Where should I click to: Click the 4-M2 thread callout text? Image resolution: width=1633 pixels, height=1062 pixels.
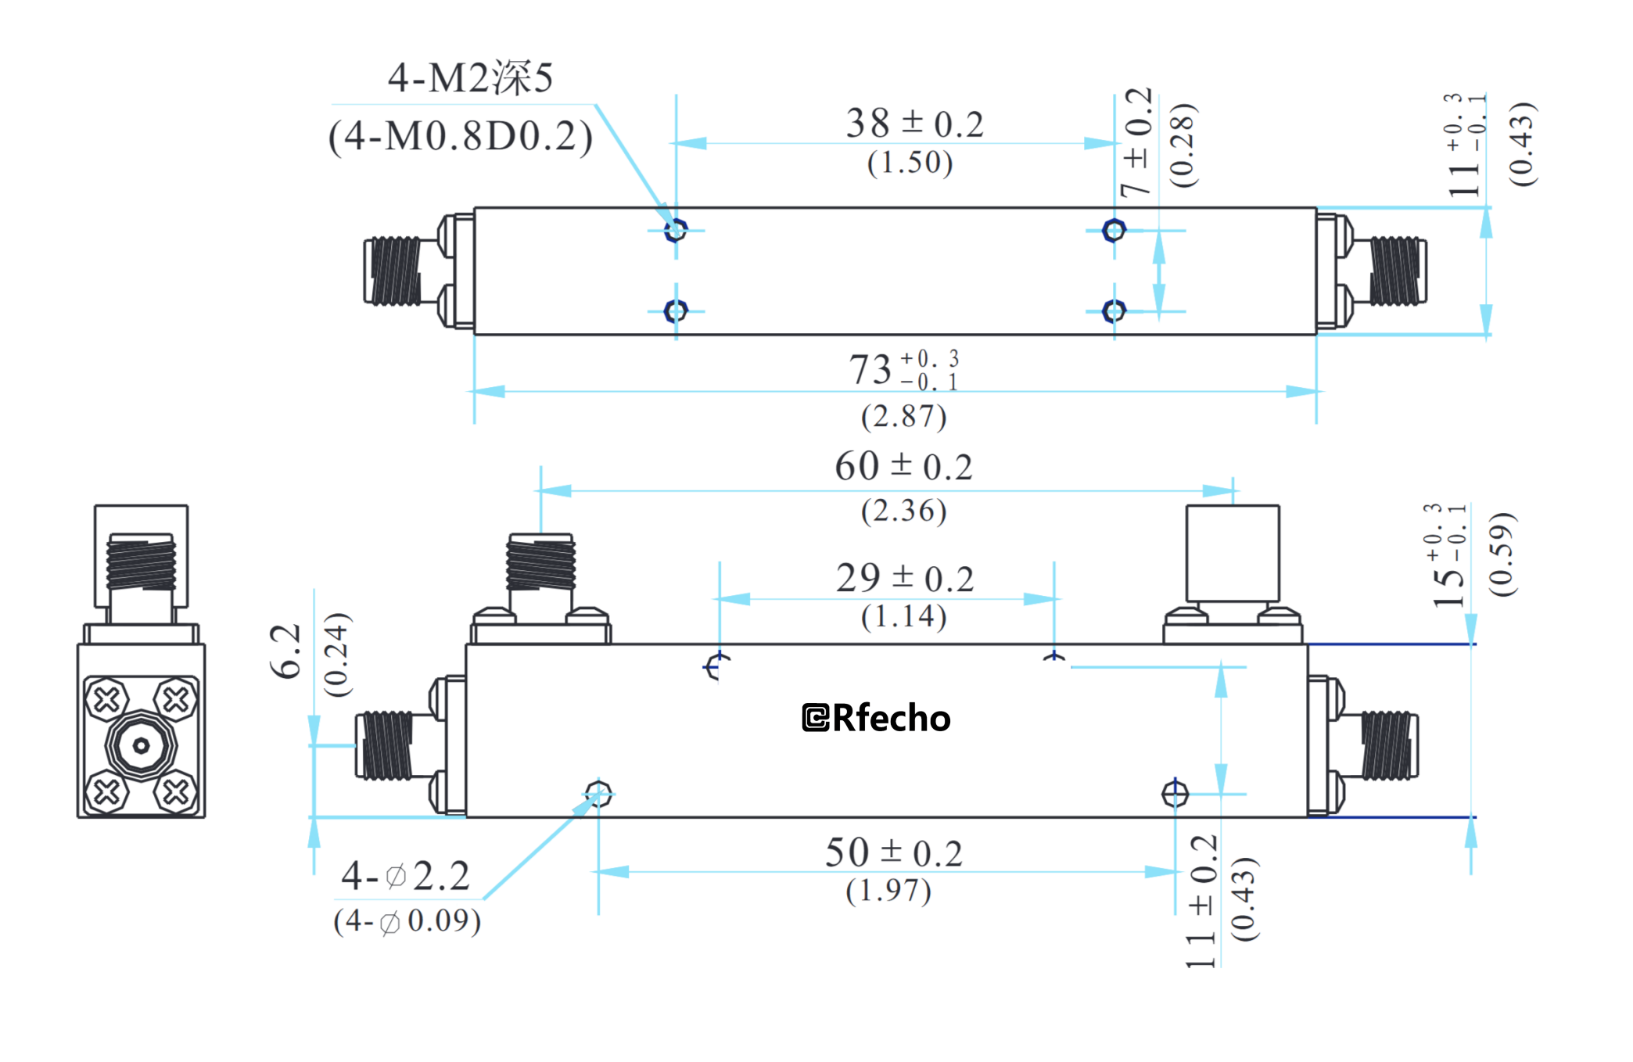pyautogui.click(x=470, y=78)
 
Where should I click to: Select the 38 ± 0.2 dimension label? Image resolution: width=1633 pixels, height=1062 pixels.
pyautogui.click(x=913, y=124)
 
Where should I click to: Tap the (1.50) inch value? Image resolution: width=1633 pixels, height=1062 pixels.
pyautogui.click(x=910, y=163)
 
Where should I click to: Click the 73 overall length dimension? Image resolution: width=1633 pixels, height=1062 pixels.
pyautogui.click(x=903, y=369)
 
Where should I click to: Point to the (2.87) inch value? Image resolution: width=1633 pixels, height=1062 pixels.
pyautogui.click(x=903, y=416)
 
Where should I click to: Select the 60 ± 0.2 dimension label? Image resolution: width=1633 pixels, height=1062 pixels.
pyautogui.click(x=903, y=467)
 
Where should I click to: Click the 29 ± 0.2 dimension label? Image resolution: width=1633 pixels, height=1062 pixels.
pyautogui.click(x=904, y=579)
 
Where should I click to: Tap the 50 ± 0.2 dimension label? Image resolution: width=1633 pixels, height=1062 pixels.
pyautogui.click(x=893, y=852)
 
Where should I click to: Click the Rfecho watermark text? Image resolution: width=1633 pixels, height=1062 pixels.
pyautogui.click(x=876, y=718)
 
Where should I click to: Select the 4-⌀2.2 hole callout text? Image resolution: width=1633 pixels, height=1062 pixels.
pyautogui.click(x=405, y=876)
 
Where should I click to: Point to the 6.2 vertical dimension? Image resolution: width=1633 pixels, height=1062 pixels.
pyautogui.click(x=285, y=651)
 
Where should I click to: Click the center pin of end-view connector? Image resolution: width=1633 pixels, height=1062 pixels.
pyautogui.click(x=141, y=746)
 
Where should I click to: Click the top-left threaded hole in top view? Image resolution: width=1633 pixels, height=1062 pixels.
pyautogui.click(x=676, y=230)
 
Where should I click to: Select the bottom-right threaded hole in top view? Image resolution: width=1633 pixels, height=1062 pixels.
pyautogui.click(x=1114, y=311)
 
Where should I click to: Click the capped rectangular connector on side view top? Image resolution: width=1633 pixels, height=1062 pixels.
pyautogui.click(x=1233, y=553)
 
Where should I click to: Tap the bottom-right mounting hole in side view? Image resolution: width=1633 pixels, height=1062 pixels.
pyautogui.click(x=1175, y=795)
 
